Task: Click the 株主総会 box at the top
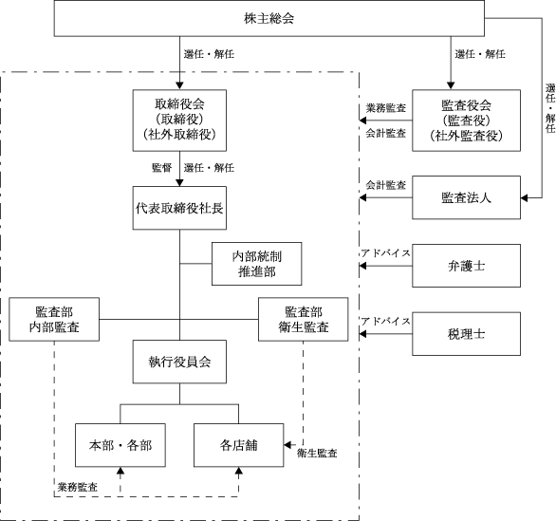tap(269, 18)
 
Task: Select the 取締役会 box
tap(179, 121)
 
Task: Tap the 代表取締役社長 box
tap(179, 208)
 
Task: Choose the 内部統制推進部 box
tap(257, 264)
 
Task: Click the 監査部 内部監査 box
tap(54, 319)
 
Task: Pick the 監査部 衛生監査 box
tap(304, 319)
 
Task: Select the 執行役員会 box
tap(179, 362)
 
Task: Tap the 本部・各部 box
tap(120, 445)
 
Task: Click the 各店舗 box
tap(239, 445)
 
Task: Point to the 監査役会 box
tap(466, 121)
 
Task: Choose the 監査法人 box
tap(466, 197)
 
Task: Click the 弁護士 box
tap(466, 266)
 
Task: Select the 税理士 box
tap(466, 334)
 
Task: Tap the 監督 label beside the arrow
tap(161, 167)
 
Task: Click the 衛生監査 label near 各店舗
tap(317, 453)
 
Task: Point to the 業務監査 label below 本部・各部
tap(77, 487)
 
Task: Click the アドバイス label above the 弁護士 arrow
tap(386, 252)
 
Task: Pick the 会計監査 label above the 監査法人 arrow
tap(386, 185)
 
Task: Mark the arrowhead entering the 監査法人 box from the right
tap(524, 197)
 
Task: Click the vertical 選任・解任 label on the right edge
tap(550, 108)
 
